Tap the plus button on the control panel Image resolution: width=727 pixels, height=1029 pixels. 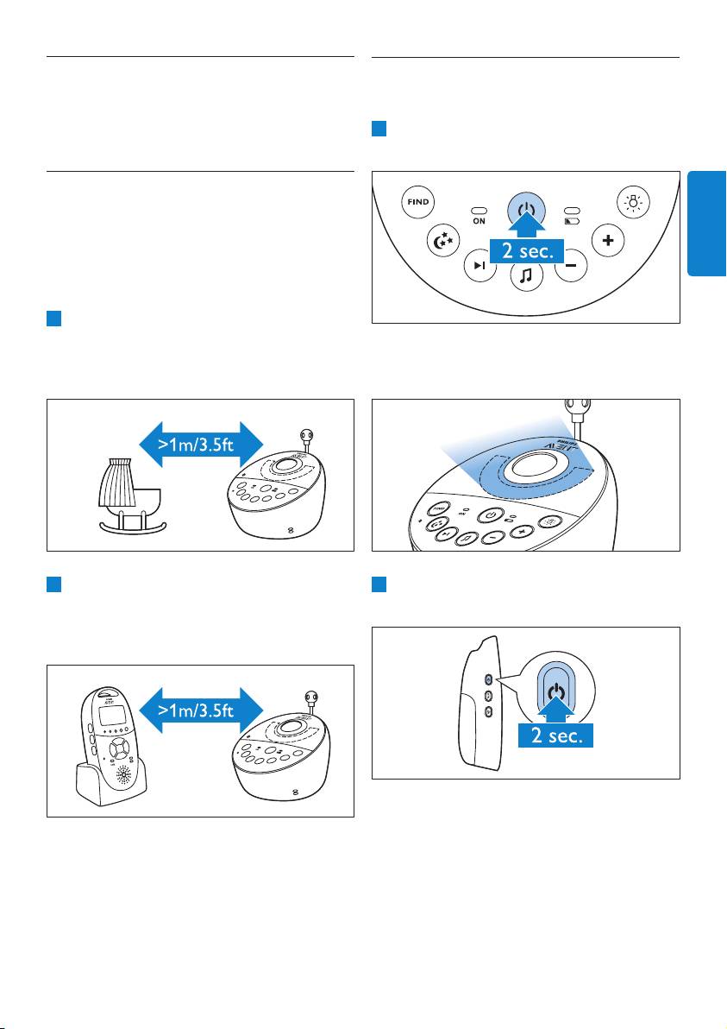click(x=608, y=241)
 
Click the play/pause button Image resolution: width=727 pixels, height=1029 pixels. click(x=479, y=266)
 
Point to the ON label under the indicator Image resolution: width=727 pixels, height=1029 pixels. click(x=478, y=220)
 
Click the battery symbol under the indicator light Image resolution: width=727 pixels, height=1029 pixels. click(x=573, y=220)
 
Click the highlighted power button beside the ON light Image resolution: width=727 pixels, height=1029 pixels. click(x=526, y=209)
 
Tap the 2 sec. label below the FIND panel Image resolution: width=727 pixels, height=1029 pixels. click(x=525, y=252)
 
